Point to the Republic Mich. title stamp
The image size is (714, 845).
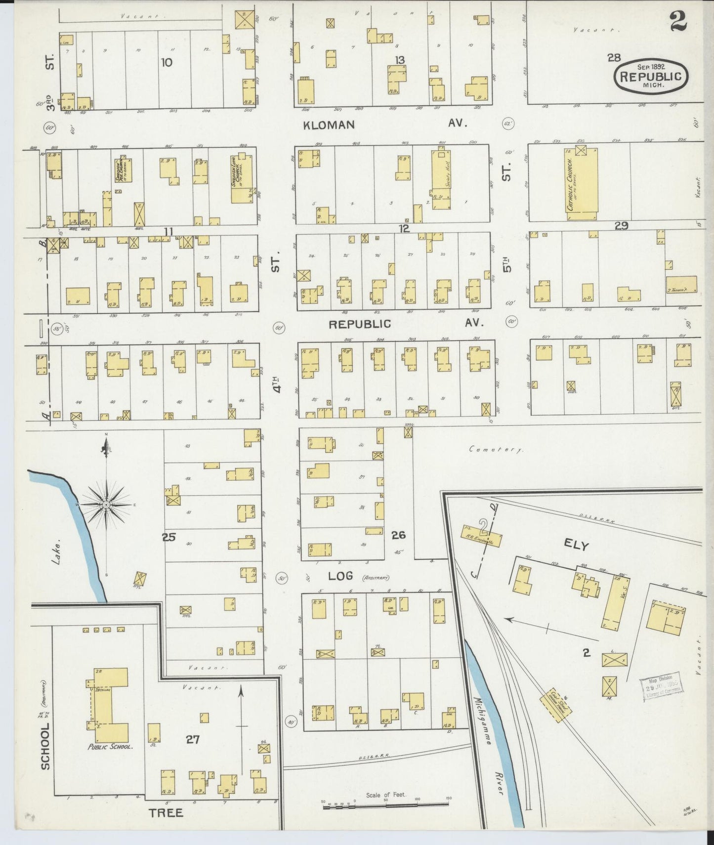click(651, 76)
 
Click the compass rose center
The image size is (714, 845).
click(106, 505)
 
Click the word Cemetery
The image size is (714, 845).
click(496, 450)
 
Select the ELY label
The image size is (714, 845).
click(576, 546)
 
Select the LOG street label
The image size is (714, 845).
click(340, 576)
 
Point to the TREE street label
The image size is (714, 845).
click(167, 813)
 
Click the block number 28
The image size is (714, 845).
click(614, 58)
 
